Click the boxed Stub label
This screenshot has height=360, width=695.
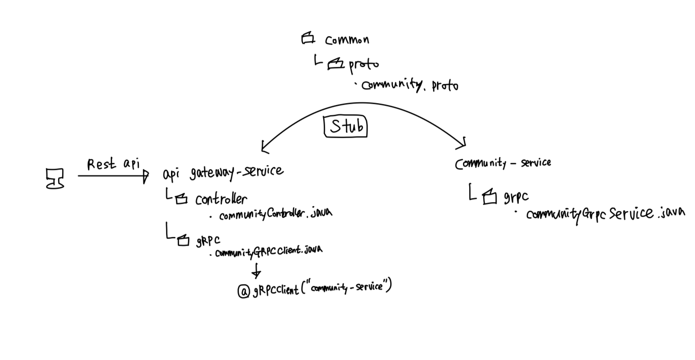[x=345, y=126]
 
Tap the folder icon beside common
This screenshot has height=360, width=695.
[x=308, y=39]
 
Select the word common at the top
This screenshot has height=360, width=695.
[x=347, y=40]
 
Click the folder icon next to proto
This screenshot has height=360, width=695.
[x=336, y=65]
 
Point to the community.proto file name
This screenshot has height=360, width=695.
[x=410, y=85]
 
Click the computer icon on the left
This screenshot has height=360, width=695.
[x=55, y=178]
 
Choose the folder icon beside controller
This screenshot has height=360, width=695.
[x=181, y=199]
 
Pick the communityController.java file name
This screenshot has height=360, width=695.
[x=275, y=214]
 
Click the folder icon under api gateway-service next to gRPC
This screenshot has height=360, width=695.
[x=183, y=241]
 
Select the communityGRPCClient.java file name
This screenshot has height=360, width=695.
[x=268, y=252]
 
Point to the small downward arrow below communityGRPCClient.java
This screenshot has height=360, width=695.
[x=256, y=271]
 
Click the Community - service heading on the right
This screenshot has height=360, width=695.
[x=503, y=164]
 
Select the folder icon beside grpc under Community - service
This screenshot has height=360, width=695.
[x=490, y=196]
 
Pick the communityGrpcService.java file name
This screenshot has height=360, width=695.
[x=605, y=214]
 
